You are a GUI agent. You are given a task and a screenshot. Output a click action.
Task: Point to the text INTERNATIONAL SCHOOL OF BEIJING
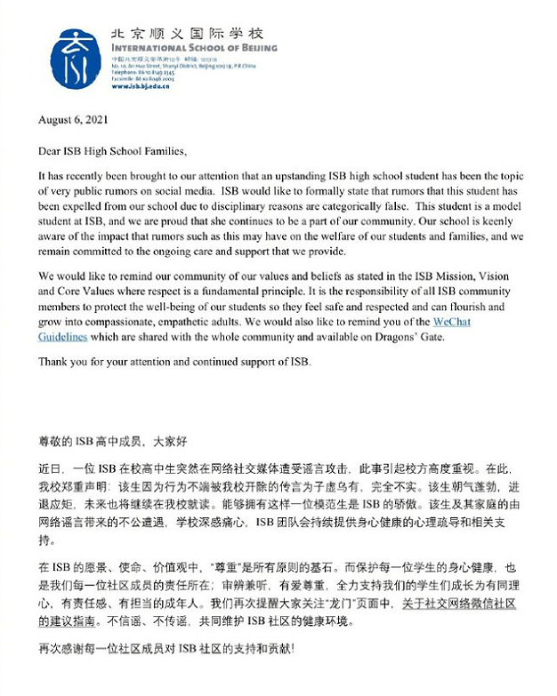point(194,48)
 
